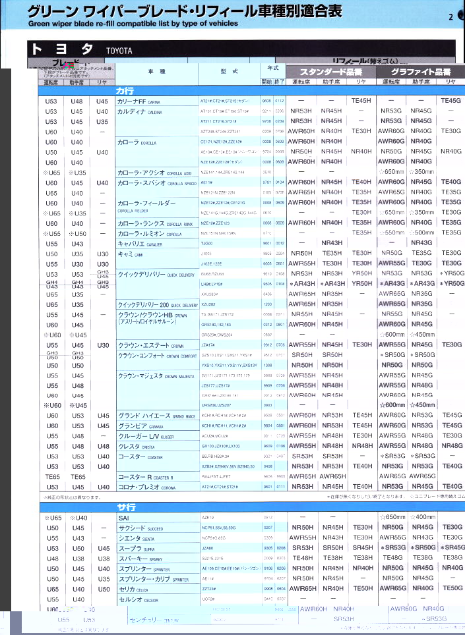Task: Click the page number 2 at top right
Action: tap(450, 17)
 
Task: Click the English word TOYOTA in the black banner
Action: tap(119, 51)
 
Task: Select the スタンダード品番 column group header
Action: tap(330, 71)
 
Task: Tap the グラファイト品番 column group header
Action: tap(421, 71)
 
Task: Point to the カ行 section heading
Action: tap(125, 90)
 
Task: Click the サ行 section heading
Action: tap(126, 507)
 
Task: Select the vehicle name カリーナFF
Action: tap(131, 101)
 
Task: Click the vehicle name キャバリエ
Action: tap(131, 243)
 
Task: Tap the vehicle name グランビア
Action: tap(132, 426)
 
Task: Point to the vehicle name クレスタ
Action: tap(129, 446)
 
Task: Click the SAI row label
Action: tap(123, 518)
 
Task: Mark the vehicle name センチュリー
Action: tap(144, 620)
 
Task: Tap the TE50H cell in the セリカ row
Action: tap(363, 589)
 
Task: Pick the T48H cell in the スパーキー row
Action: tap(302, 558)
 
